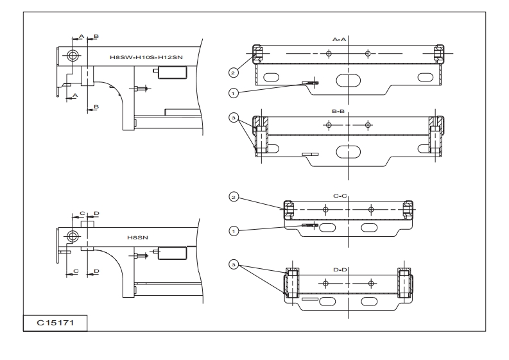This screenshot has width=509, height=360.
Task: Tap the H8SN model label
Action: [x=137, y=237]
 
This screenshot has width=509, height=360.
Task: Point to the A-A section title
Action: [x=340, y=39]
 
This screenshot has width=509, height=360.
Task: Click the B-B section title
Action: [x=340, y=112]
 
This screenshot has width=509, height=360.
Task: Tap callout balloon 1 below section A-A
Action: [x=234, y=92]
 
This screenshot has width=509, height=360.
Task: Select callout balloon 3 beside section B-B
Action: [x=234, y=117]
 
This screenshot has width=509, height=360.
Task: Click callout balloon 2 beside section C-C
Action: [x=234, y=197]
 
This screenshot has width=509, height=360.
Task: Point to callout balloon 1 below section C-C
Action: [x=234, y=228]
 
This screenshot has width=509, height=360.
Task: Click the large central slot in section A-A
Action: [x=348, y=80]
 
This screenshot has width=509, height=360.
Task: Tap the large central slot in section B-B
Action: [x=348, y=151]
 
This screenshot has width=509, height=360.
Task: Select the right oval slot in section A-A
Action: [x=426, y=77]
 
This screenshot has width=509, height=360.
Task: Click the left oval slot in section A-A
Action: [x=271, y=77]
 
